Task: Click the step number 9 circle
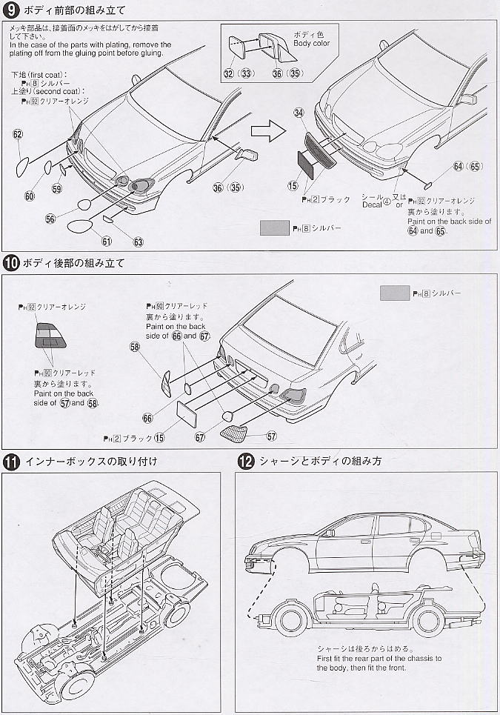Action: (x=11, y=11)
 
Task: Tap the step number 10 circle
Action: (x=11, y=262)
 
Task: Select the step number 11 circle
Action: (x=11, y=461)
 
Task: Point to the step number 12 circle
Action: (x=246, y=461)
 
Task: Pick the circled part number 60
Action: (x=30, y=196)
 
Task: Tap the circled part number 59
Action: (x=57, y=189)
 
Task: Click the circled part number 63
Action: (x=139, y=242)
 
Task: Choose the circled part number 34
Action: (x=299, y=113)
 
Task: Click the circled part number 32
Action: (x=228, y=73)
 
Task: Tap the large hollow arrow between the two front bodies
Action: (x=264, y=130)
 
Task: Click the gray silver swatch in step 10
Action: (x=394, y=293)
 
